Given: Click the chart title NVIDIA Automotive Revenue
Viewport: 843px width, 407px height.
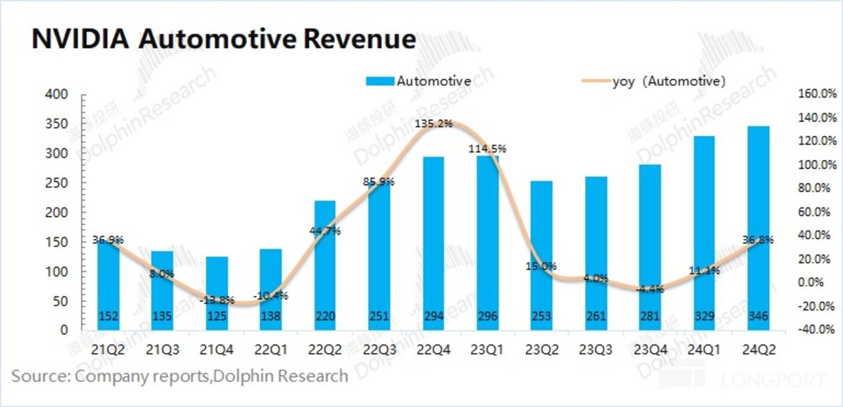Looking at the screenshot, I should tap(223, 39).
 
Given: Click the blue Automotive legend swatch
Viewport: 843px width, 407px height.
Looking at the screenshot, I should tap(380, 81).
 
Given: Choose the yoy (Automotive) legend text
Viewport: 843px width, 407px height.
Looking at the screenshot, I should tap(668, 81).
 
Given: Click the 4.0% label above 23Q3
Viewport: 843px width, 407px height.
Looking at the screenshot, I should tap(596, 279).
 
